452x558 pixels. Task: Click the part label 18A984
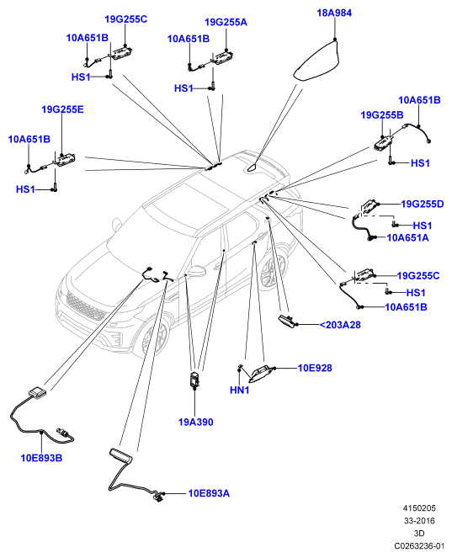tap(334, 13)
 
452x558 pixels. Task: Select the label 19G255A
tap(226, 23)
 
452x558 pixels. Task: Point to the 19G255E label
tap(62, 109)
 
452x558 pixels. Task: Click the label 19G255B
tap(382, 115)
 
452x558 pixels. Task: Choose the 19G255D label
tap(422, 204)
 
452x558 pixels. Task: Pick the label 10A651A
tap(407, 237)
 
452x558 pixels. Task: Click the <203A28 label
tap(340, 325)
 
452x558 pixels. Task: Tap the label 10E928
tap(315, 368)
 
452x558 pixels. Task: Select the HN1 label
tap(240, 390)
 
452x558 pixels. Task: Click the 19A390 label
tap(196, 422)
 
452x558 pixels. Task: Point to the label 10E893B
tap(41, 458)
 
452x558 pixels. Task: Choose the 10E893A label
tap(209, 493)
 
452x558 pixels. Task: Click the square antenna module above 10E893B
tap(37, 391)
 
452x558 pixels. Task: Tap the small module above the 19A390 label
tap(194, 380)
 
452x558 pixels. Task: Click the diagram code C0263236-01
tap(419, 545)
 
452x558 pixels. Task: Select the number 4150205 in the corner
tap(419, 508)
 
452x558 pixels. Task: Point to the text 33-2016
tap(419, 521)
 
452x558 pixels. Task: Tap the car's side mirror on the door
tap(197, 271)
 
